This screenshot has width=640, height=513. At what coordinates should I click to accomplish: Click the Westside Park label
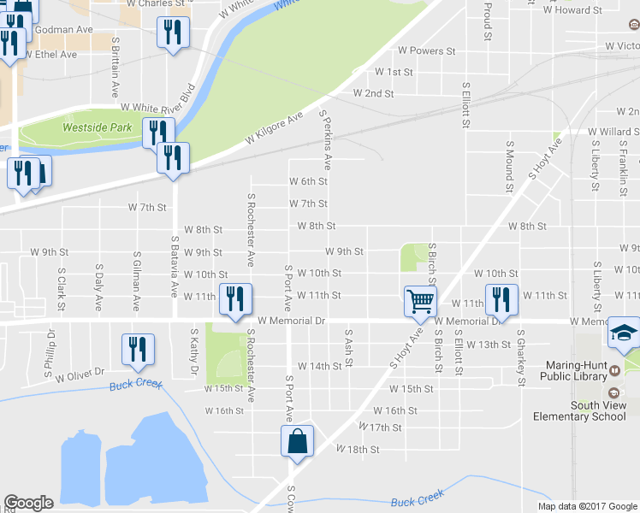[x=98, y=127]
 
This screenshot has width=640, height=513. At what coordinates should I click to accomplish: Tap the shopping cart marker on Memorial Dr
[x=421, y=300]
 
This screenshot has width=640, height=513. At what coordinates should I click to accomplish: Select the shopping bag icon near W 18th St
[x=296, y=442]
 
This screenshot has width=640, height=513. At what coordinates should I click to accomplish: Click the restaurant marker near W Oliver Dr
[x=138, y=348]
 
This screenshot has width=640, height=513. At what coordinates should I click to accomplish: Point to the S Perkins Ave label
[x=325, y=139]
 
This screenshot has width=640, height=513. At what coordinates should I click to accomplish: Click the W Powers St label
[x=426, y=51]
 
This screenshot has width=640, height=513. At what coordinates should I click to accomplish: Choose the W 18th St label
[x=358, y=449]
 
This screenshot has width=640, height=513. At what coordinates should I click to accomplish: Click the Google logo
[x=28, y=502]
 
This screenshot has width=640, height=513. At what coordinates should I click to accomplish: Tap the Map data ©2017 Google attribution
[x=587, y=506]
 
